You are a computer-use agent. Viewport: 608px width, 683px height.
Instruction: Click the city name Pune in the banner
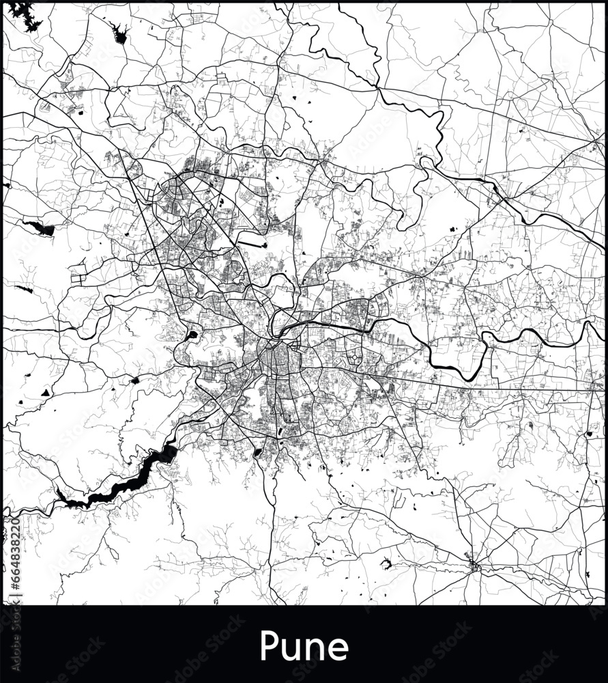click(304, 645)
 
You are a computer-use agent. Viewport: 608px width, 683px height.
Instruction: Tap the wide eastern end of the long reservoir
click(166, 453)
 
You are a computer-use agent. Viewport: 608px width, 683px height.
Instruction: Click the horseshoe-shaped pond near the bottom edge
click(387, 564)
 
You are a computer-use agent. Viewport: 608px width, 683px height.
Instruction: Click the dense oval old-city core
click(276, 359)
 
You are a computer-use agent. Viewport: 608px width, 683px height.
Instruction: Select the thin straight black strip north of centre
click(253, 242)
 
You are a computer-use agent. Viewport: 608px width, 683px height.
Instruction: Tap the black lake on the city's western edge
click(192, 335)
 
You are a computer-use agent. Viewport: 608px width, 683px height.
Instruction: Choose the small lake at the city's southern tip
click(257, 452)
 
